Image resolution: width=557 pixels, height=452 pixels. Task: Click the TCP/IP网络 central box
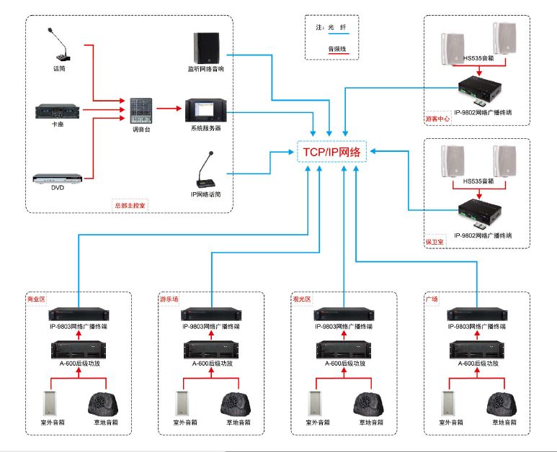click(x=331, y=152)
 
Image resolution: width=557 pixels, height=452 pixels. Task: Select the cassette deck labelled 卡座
click(x=58, y=112)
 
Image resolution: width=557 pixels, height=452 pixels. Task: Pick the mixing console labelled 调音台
click(x=140, y=109)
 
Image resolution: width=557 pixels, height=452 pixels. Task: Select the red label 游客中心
click(x=438, y=119)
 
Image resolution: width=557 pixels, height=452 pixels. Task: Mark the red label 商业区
click(x=36, y=298)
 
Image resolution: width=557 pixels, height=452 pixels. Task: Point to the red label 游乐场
click(x=169, y=298)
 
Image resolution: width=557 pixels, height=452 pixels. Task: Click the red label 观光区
click(x=301, y=298)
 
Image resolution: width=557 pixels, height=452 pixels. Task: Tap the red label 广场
click(x=432, y=298)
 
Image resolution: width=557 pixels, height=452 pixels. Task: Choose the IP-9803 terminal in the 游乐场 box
click(x=211, y=315)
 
